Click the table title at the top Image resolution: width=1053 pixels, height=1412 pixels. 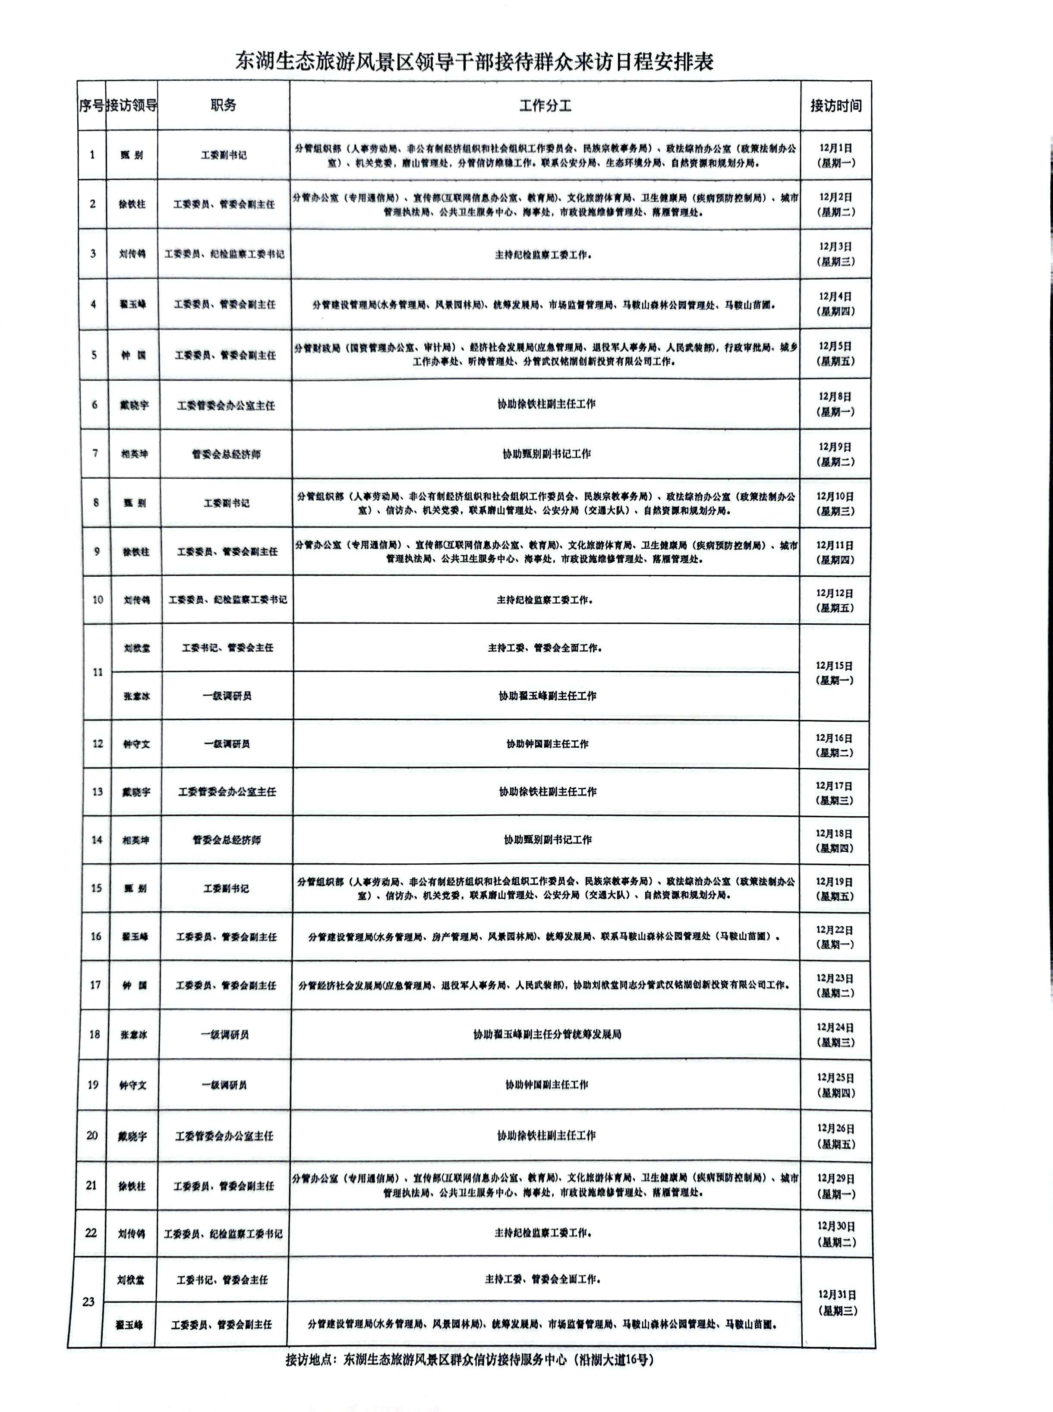(474, 61)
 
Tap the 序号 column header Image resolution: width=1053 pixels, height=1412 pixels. (91, 106)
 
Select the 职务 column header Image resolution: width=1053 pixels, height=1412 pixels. (223, 106)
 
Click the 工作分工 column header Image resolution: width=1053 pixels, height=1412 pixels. (545, 106)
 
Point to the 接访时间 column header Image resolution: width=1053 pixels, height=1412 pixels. (835, 106)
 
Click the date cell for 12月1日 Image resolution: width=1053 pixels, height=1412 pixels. (835, 155)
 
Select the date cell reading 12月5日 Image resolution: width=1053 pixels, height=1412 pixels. (835, 354)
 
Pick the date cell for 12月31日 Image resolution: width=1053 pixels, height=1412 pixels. (837, 1302)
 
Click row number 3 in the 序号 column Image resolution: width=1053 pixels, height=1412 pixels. (93, 254)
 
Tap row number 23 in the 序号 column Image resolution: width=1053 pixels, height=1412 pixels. (88, 1302)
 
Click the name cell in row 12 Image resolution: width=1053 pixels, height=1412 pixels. (136, 744)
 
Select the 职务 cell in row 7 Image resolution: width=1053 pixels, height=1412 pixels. (226, 455)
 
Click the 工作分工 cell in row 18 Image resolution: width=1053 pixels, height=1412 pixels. (547, 1034)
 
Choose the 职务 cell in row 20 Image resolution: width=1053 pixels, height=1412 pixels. (224, 1136)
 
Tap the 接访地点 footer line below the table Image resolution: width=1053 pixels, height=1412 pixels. (470, 1360)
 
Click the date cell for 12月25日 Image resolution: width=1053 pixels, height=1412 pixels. (835, 1085)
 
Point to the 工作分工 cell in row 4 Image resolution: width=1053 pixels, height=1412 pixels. (545, 305)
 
